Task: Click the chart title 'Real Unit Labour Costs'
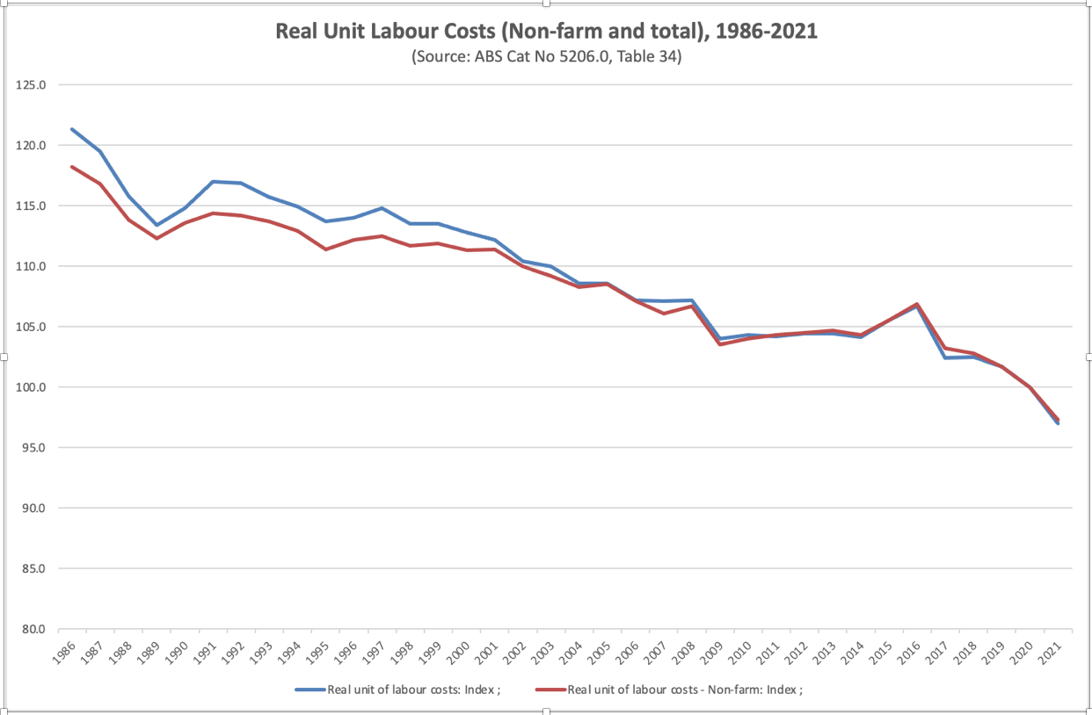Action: (x=546, y=32)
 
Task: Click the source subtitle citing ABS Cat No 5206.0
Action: (x=546, y=57)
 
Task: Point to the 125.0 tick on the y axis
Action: (x=31, y=85)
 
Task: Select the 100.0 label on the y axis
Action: (x=31, y=387)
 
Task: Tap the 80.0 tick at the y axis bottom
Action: (x=31, y=629)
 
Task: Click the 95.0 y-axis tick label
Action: (x=31, y=448)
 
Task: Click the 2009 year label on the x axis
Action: (x=714, y=654)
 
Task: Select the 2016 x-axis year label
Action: (x=911, y=654)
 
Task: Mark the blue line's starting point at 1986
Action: (x=72, y=129)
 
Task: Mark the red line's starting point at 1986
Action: (x=72, y=167)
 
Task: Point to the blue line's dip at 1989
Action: (x=157, y=225)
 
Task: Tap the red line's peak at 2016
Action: (x=917, y=305)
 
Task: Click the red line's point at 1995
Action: (x=325, y=249)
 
